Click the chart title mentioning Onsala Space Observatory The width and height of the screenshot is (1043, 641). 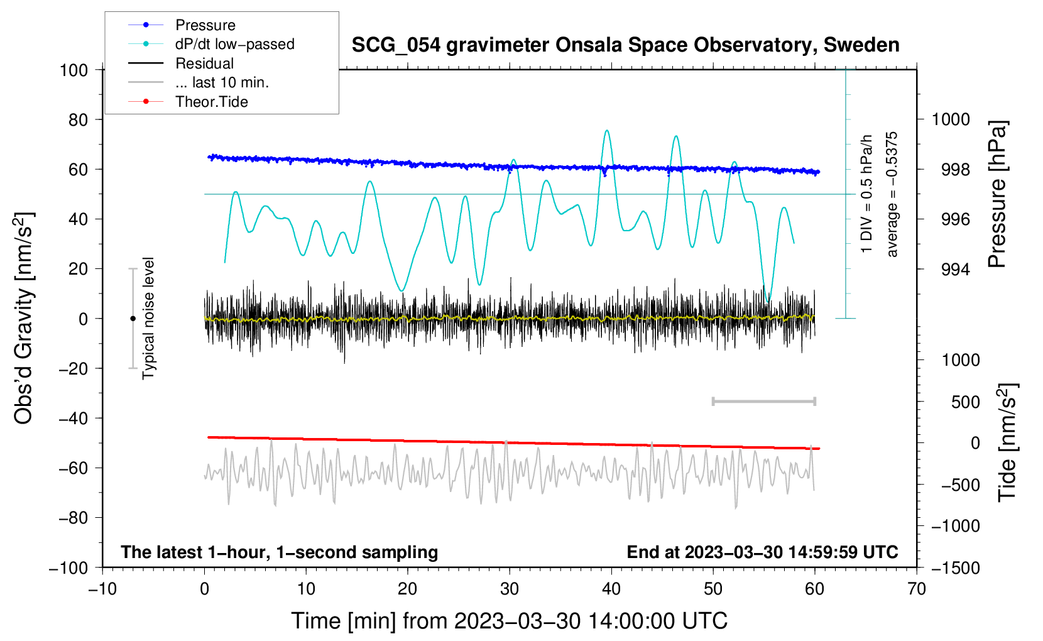pos(625,45)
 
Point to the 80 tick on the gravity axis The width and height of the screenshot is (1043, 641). pos(78,120)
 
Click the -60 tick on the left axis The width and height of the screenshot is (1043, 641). pos(73,468)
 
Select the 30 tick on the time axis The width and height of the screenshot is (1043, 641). pos(510,589)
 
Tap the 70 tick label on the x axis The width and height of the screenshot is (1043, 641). pos(916,589)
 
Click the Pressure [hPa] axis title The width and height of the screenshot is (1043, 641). pos(997,194)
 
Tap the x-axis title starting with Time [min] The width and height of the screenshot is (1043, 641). pos(510,621)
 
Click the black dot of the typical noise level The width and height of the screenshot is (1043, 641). pos(133,319)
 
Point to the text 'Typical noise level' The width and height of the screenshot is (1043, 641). pos(148,318)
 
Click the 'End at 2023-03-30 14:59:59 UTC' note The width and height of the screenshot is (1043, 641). pos(762,552)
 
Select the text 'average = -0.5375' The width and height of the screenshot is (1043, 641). pos(891,194)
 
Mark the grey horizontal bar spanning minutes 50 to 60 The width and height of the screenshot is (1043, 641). pos(764,402)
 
